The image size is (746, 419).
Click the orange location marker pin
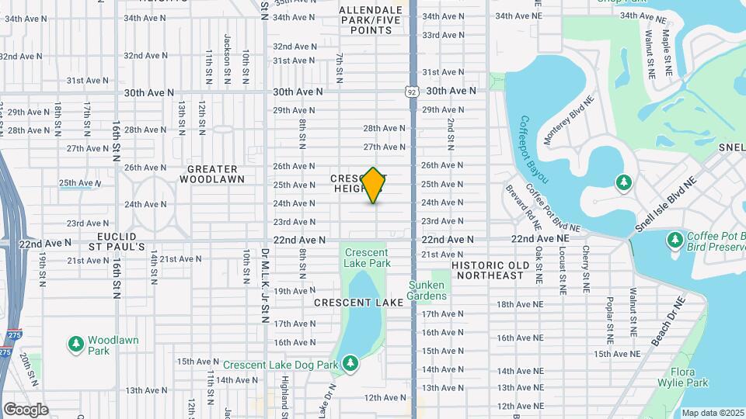[x=374, y=185]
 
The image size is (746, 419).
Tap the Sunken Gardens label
[x=427, y=289]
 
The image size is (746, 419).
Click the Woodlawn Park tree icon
[x=75, y=343]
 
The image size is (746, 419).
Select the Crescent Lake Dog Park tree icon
[x=350, y=362]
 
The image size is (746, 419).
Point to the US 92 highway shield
[x=411, y=92]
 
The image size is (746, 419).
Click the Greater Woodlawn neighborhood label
[x=212, y=174]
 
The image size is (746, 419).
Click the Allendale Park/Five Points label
[x=370, y=20]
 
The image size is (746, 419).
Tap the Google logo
[x=26, y=409]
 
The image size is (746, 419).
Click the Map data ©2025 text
[x=713, y=413]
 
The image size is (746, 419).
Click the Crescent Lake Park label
[x=367, y=258]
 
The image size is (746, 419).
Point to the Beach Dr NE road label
[x=669, y=320]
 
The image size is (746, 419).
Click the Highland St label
[x=285, y=396]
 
